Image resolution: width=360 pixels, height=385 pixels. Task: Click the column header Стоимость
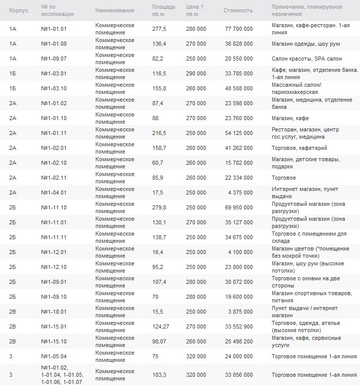coord(238,10)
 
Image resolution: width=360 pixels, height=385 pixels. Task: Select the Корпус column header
coord(18,10)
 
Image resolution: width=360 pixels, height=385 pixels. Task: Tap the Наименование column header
coord(114,10)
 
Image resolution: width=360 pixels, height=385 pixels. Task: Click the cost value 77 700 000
coord(238,29)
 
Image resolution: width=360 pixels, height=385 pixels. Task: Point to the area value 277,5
coord(159,29)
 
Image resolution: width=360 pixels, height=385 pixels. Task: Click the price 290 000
coord(196,73)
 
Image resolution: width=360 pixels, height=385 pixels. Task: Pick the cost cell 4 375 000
coord(241,192)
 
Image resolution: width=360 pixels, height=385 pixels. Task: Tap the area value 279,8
coord(159,207)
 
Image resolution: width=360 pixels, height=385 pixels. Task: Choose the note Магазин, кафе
coord(290,118)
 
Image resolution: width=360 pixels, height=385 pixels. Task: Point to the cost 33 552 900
coord(238,326)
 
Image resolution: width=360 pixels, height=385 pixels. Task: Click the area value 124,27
coord(161,326)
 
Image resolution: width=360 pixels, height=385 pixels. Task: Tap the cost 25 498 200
coord(238,341)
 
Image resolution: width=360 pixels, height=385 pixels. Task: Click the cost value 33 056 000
coord(238,375)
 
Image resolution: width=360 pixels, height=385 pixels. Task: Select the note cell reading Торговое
coord(284,178)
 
